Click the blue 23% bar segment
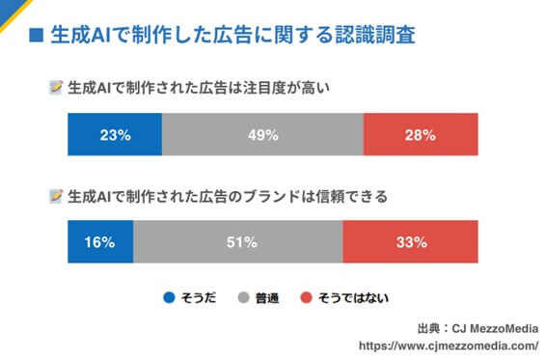tap(115, 134)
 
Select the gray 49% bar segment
tap(262, 134)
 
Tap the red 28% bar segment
tap(421, 134)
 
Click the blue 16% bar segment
tap(100, 241)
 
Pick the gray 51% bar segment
tap(237, 241)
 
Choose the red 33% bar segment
tap(410, 241)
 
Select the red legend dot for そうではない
tap(308, 296)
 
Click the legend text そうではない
tap(354, 296)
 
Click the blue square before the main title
tap(37, 37)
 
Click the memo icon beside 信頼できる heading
tap(55, 197)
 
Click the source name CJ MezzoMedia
tap(493, 326)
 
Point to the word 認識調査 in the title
tap(375, 37)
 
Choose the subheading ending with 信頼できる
tap(228, 197)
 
